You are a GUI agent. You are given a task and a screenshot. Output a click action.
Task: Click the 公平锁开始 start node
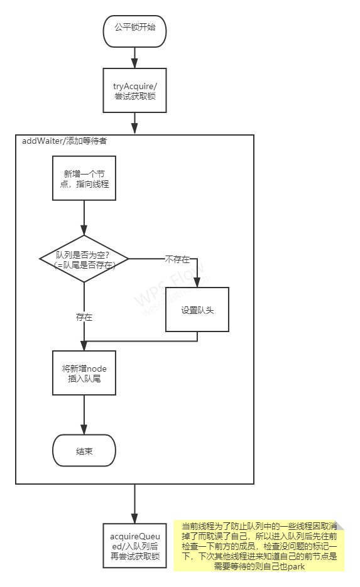134,29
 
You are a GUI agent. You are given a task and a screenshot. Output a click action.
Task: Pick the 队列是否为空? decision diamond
84,258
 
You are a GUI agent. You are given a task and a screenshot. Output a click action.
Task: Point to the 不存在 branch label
178,258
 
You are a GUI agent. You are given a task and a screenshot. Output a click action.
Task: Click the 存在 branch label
84,318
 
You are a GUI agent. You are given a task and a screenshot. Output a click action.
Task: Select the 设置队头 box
197,310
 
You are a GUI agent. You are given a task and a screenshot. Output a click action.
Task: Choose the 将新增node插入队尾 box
84,372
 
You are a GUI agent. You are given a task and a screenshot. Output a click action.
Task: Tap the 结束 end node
84,451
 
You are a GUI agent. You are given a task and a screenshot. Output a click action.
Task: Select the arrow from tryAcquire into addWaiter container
134,123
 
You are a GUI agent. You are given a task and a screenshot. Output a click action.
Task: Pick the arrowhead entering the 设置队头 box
197,283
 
